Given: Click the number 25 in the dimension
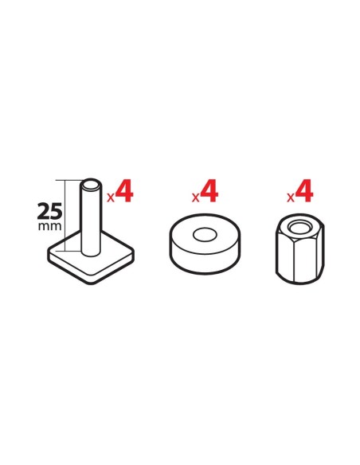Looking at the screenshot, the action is click(49, 211).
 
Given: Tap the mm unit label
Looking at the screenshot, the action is click(50, 226).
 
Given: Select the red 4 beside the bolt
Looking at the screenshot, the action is click(124, 191).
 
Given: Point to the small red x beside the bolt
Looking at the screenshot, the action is click(111, 197).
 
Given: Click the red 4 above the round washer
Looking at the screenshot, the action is click(209, 191).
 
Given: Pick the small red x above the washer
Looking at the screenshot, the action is click(195, 197).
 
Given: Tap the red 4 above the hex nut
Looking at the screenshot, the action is click(304, 191).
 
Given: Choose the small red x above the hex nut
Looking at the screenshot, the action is click(291, 197).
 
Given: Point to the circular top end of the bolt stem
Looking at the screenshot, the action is click(91, 185).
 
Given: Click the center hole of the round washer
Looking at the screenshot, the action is click(205, 235).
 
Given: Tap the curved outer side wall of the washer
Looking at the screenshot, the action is click(205, 261).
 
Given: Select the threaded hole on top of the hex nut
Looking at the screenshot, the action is click(299, 229).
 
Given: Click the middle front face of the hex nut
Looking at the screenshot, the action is click(305, 261).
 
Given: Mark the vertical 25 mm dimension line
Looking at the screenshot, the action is click(65, 215).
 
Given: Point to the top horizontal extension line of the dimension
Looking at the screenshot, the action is click(68, 180).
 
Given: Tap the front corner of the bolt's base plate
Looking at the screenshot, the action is click(92, 283).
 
